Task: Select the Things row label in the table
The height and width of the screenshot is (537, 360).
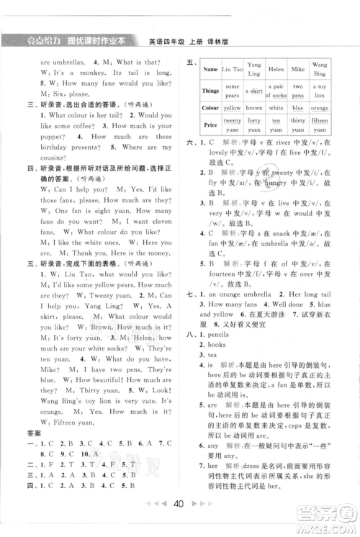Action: [x=211, y=91]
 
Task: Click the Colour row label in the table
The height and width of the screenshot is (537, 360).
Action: [x=211, y=107]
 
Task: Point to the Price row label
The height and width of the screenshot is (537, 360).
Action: [x=211, y=124]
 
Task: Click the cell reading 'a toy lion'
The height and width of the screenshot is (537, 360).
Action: [x=322, y=91]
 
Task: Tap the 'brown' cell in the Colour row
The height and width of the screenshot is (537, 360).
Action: [x=253, y=107]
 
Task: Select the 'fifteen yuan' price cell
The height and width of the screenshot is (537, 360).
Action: [x=322, y=124]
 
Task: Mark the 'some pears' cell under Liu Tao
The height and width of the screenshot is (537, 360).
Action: [x=232, y=91]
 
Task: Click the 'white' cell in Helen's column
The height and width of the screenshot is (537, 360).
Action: [x=276, y=107]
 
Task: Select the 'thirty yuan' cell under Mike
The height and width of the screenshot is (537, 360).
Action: [x=298, y=124]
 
